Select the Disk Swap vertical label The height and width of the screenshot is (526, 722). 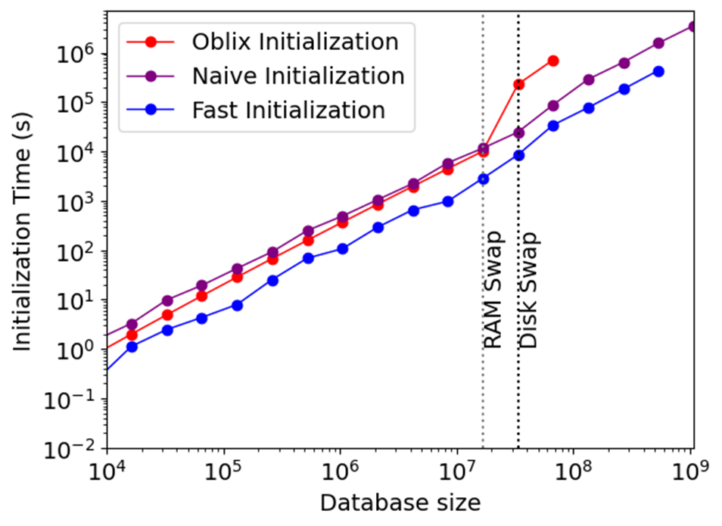coord(529,291)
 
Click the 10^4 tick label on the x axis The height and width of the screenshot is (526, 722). coord(107,473)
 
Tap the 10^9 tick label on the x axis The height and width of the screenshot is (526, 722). coord(689,473)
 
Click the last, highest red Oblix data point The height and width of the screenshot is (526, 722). coord(553,61)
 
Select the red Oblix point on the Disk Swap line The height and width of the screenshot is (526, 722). coord(518,84)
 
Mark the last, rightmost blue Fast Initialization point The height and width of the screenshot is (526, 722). coord(658,71)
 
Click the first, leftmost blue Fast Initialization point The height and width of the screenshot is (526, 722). coord(132,347)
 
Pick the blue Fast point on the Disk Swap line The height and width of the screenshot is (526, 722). coord(518,155)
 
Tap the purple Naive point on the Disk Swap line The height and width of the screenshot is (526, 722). coord(518,132)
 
